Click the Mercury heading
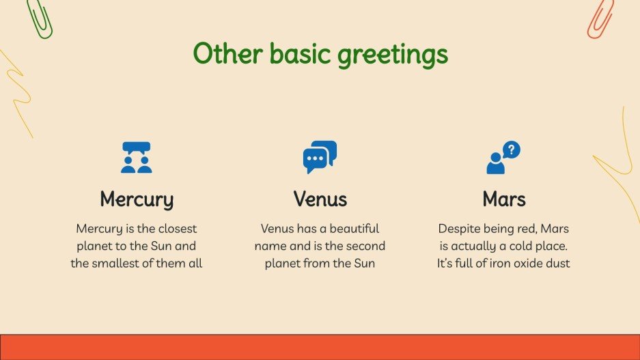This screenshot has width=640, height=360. point(137,199)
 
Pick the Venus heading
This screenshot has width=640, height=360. point(320,199)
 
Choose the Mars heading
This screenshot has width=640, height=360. point(503,199)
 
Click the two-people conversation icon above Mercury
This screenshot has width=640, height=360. point(136,157)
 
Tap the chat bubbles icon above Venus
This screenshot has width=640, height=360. point(320,157)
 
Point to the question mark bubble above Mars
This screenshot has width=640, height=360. point(511,150)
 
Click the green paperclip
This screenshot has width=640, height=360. point(40,18)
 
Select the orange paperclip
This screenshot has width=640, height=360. point(600,18)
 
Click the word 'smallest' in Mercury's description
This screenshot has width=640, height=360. point(119,263)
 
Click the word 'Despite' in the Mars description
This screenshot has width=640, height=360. point(460,228)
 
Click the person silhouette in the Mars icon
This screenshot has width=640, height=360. point(495,164)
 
